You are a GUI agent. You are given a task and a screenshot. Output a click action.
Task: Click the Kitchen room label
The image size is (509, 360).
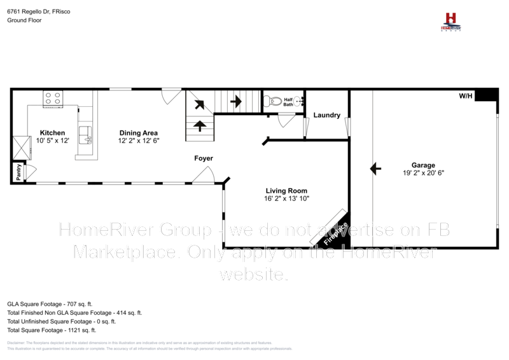pyautogui.click(x=53, y=132)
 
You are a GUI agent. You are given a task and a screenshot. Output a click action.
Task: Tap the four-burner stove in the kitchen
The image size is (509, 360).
pyautogui.click(x=52, y=99)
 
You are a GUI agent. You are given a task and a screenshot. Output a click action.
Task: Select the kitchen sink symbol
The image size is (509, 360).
pyautogui.click(x=85, y=135)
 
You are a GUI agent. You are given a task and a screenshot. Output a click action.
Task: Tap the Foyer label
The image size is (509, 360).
pyautogui.click(x=204, y=158)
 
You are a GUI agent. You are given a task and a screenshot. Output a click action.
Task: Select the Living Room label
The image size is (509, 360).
pyautogui.click(x=286, y=190)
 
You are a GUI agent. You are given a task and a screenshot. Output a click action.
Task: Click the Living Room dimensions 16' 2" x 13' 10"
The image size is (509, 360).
pyautogui.click(x=286, y=198)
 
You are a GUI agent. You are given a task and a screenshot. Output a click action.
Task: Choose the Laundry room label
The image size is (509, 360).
pyautogui.click(x=327, y=115)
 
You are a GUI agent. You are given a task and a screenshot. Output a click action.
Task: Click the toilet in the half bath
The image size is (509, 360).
pyautogui.click(x=274, y=100)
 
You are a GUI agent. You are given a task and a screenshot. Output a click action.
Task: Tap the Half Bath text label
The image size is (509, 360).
pyautogui.click(x=288, y=102)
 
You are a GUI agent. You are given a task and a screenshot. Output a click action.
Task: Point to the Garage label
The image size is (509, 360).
pyautogui.click(x=423, y=165)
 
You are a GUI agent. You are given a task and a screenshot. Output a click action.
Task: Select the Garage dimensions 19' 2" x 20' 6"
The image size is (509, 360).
pyautogui.click(x=423, y=173)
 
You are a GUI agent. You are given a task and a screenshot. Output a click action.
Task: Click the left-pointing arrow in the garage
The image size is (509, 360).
pyautogui.click(x=375, y=169)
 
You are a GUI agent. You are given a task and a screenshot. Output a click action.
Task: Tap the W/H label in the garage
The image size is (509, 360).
pyautogui.click(x=466, y=96)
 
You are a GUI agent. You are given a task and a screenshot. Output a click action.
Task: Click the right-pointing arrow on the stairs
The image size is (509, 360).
pyautogui.click(x=236, y=100)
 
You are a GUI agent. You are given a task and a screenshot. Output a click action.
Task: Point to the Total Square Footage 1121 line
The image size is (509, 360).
pyautogui.click(x=51, y=331)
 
